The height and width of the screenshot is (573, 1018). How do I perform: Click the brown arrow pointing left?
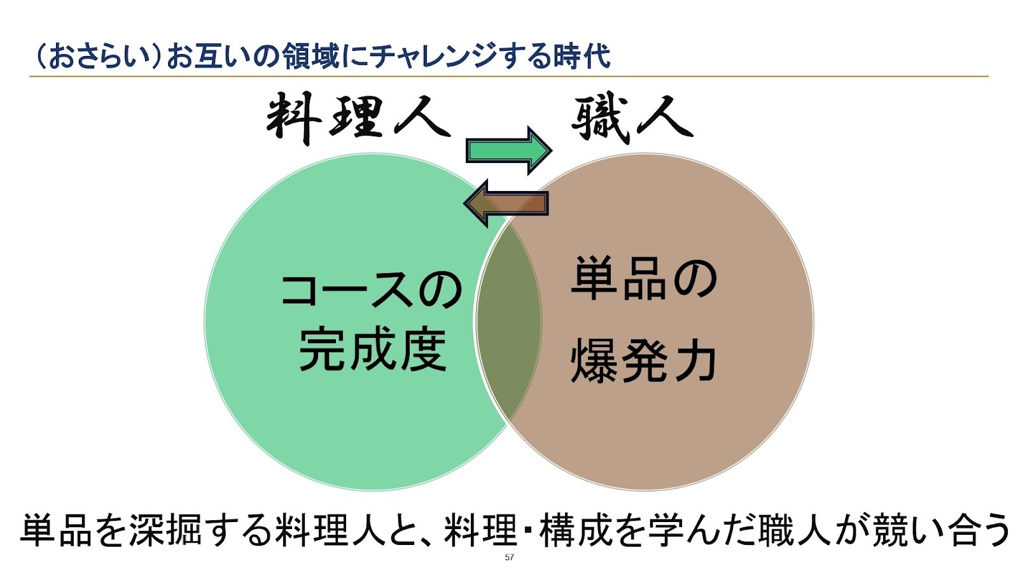[506, 203]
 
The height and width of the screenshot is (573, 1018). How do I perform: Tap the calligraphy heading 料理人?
[358, 118]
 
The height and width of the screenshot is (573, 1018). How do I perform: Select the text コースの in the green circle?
[372, 290]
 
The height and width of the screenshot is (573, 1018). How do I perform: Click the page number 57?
[509, 558]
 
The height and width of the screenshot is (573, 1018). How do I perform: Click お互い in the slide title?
[207, 56]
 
